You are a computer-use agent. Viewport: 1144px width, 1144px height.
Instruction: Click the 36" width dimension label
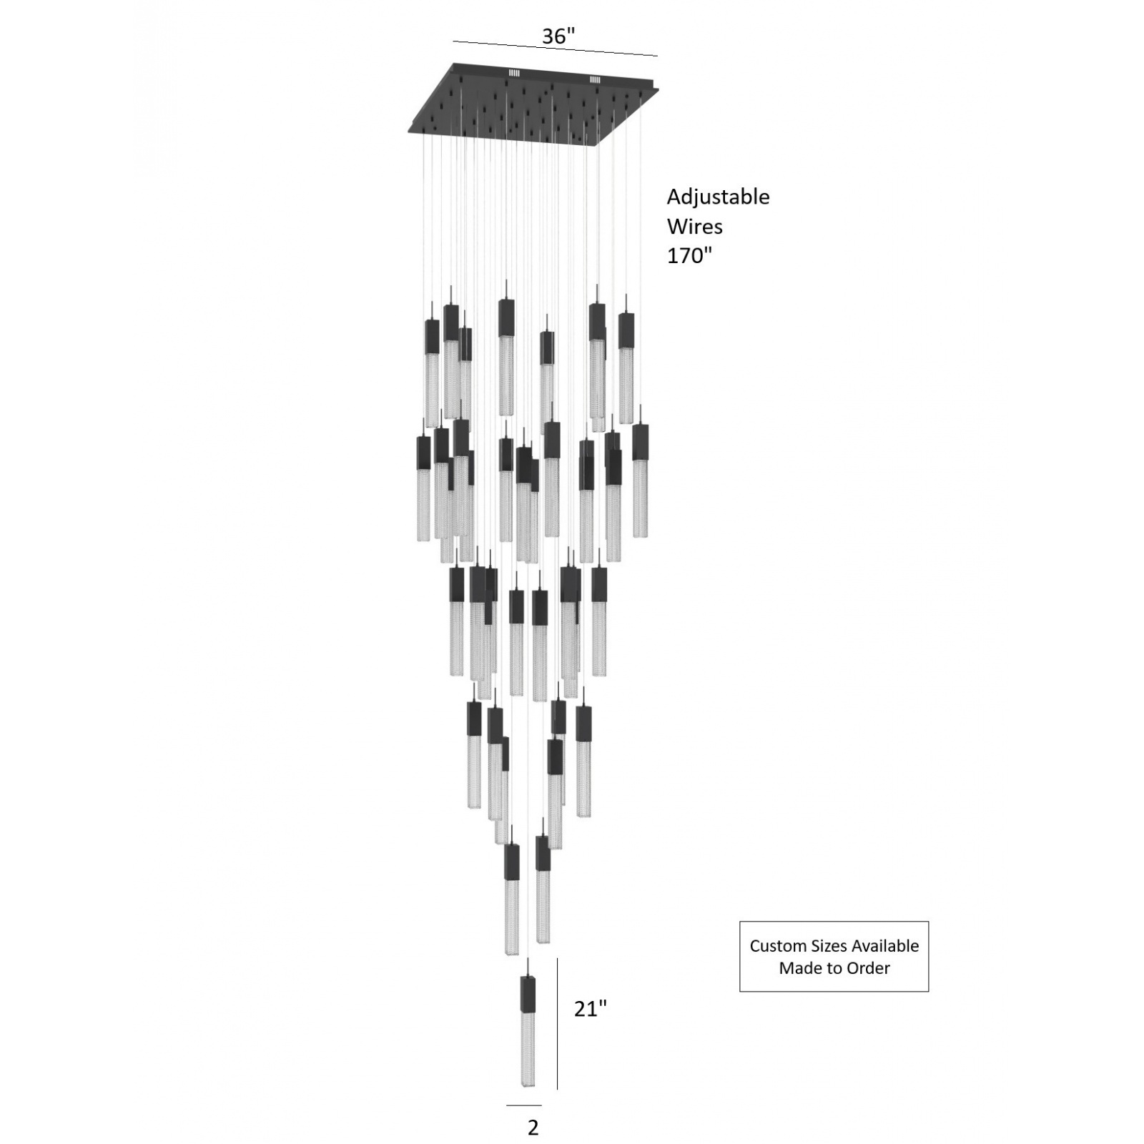pos(558,36)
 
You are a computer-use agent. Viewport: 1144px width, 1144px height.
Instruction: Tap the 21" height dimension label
pos(591,1009)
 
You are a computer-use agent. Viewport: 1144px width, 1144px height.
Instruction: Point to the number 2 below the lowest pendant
pos(533,1128)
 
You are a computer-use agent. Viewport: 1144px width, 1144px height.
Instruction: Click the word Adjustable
pos(718,197)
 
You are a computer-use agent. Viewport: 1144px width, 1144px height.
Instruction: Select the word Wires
pos(694,227)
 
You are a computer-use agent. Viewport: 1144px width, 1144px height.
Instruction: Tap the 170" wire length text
pos(690,256)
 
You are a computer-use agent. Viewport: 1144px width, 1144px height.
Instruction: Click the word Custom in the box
pos(777,946)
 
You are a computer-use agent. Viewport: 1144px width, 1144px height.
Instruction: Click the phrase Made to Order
pos(834,968)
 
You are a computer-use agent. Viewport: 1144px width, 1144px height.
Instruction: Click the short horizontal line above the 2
pos(523,1106)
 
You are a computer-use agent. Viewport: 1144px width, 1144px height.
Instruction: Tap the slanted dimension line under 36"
pos(555,49)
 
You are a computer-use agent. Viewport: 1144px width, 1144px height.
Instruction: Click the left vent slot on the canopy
pos(514,72)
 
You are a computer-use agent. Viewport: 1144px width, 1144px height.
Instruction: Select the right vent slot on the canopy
pos(595,79)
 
